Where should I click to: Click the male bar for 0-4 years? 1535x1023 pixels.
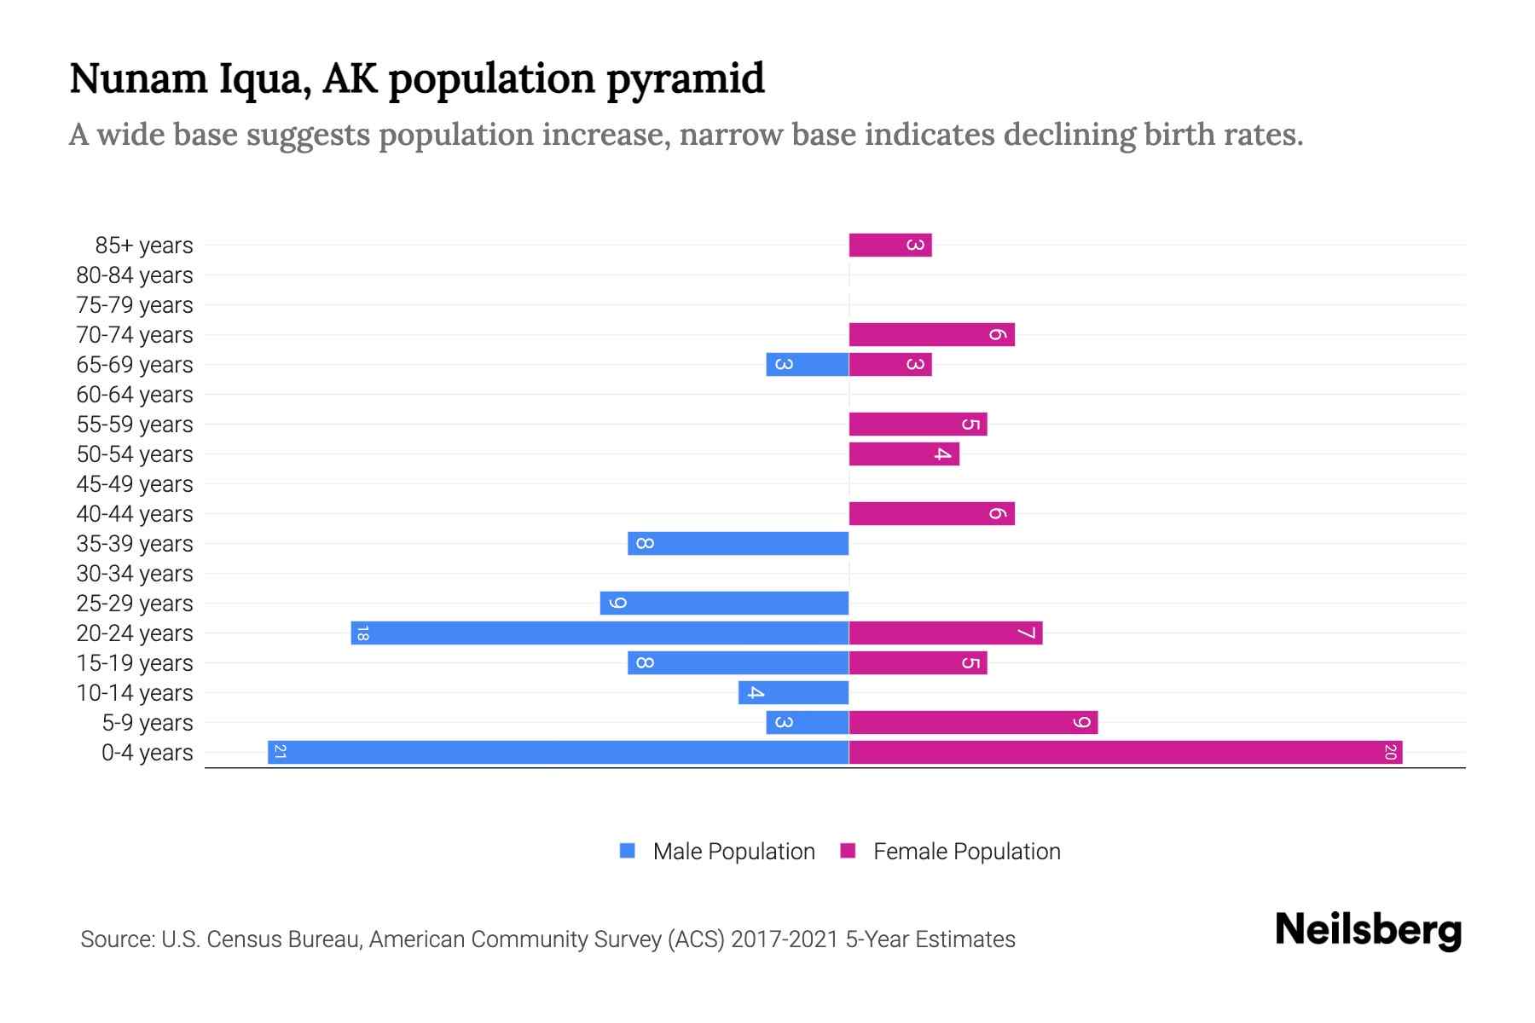click(559, 752)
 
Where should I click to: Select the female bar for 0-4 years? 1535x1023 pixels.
click(1126, 752)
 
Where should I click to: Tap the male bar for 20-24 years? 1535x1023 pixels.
click(600, 633)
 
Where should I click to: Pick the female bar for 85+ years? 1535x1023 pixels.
click(890, 245)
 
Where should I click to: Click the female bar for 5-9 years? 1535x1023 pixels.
click(973, 722)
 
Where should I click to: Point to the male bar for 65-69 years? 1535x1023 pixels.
click(808, 364)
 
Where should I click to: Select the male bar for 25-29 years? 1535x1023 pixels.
click(725, 603)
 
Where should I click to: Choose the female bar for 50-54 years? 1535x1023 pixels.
click(904, 454)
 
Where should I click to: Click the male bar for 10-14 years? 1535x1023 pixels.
click(794, 692)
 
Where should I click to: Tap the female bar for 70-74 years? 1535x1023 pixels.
click(931, 334)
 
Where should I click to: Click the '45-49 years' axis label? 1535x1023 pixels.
click(135, 484)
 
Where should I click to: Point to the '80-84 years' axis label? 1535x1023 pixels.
click(135, 275)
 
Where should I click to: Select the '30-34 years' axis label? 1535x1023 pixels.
click(135, 574)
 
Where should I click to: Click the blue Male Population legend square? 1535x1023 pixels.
click(628, 851)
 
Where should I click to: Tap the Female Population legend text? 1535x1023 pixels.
click(966, 852)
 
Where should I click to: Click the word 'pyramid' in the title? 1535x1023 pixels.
click(686, 78)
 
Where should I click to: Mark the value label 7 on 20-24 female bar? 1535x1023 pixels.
click(1026, 633)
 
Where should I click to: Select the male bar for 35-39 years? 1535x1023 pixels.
click(739, 543)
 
